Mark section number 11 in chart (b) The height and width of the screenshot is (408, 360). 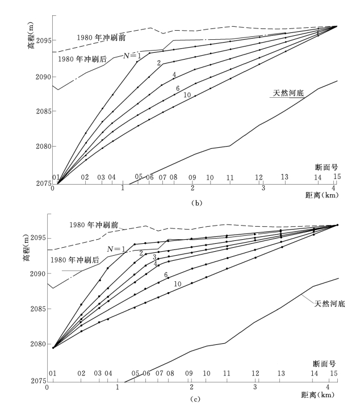[x=230, y=177]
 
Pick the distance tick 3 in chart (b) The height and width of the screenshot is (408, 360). [x=263, y=188]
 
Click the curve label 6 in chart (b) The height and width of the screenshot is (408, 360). [x=178, y=88]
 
